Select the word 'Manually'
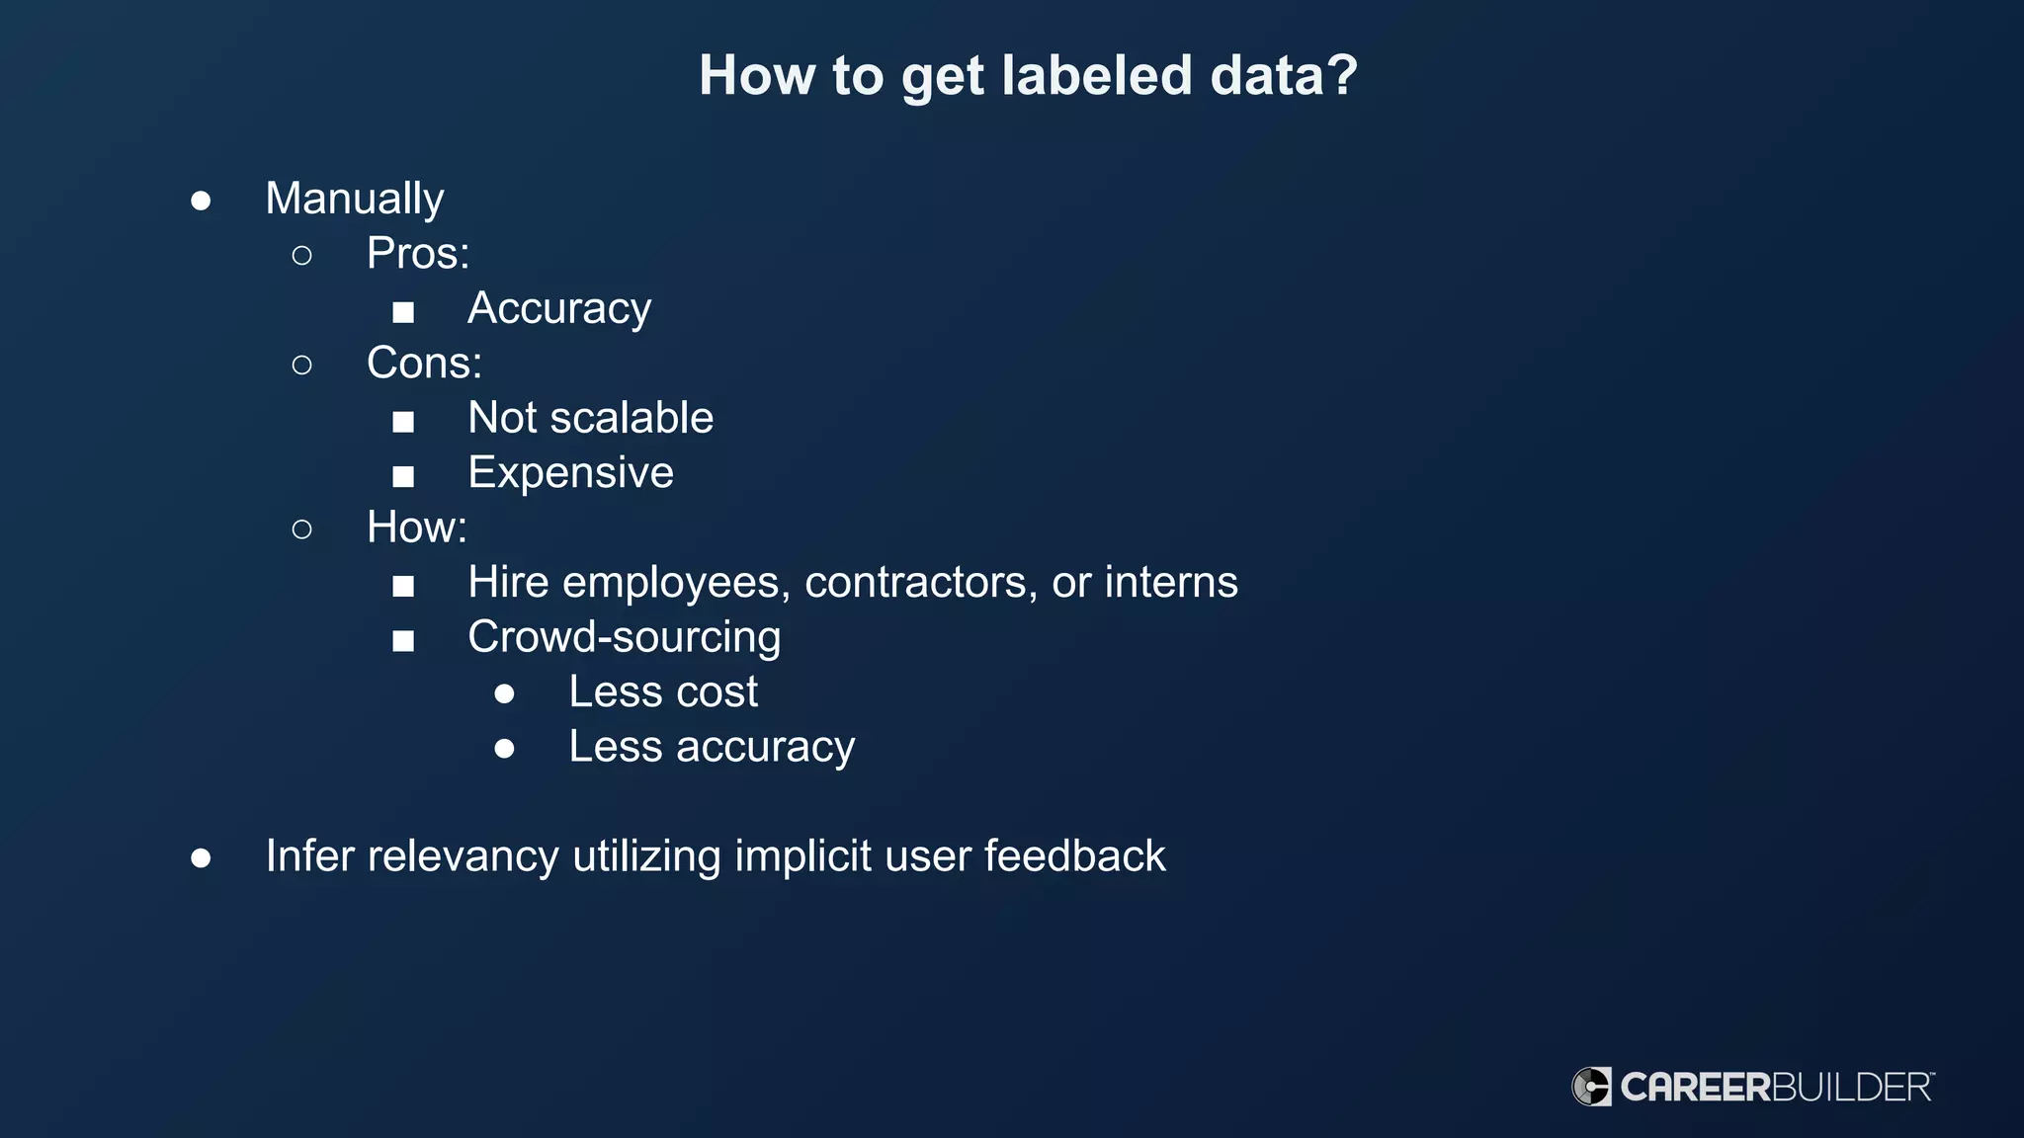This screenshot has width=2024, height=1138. coord(355,200)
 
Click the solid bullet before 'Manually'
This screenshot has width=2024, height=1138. coord(201,202)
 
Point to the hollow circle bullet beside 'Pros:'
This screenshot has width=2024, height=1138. coord(302,256)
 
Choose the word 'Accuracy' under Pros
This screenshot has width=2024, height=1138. coord(559,309)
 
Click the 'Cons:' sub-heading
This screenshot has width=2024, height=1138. coord(424,364)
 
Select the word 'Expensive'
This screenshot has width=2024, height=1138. coord(570,473)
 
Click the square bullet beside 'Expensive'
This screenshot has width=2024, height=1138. coord(403,477)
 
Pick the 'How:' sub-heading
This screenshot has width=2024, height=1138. coord(416,528)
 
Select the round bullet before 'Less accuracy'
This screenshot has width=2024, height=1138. coord(505,749)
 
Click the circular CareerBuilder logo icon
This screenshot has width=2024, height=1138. coord(1591,1087)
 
